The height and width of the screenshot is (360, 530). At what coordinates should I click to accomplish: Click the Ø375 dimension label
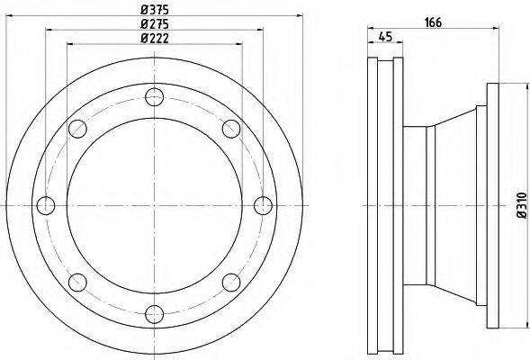tap(155, 10)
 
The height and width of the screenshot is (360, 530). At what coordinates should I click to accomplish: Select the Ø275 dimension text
tap(155, 24)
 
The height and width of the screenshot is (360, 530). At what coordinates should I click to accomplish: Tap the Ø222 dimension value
tap(155, 38)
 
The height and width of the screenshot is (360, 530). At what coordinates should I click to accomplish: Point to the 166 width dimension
tap(433, 22)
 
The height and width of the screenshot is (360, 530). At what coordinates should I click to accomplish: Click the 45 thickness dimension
tap(385, 36)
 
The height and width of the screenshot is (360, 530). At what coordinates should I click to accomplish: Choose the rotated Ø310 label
tap(522, 205)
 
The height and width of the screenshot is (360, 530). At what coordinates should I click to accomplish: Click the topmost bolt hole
tap(155, 97)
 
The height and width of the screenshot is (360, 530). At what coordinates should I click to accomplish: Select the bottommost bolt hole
tap(155, 314)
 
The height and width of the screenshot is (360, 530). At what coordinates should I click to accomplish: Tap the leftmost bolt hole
tap(46, 205)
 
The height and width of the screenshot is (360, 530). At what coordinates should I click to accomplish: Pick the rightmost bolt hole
tap(263, 205)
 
